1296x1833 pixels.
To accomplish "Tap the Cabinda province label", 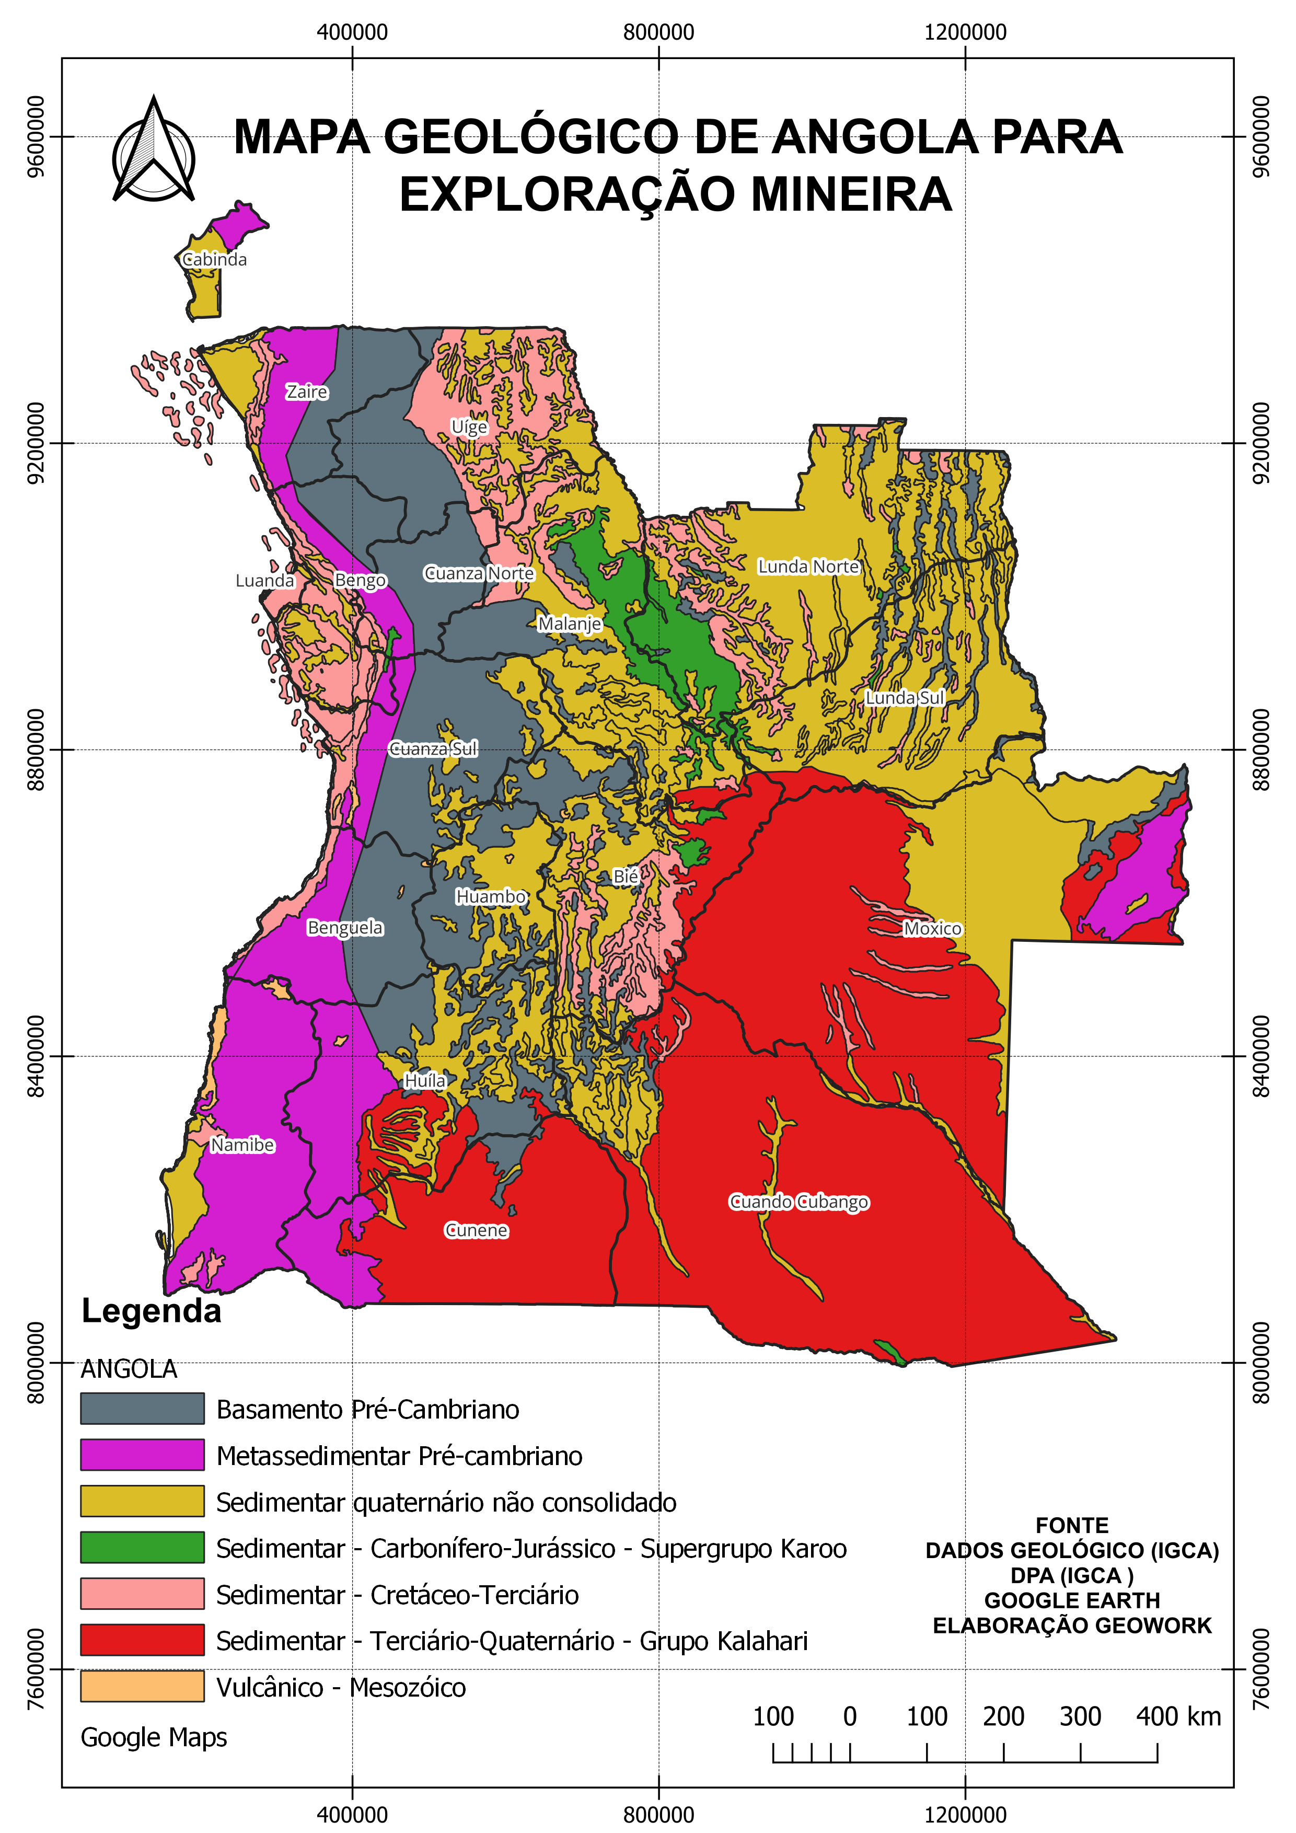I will [x=215, y=259].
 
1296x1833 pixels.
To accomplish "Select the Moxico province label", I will [x=932, y=928].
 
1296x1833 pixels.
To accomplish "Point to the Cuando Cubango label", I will [x=799, y=1202].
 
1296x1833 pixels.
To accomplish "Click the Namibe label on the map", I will [x=242, y=1145].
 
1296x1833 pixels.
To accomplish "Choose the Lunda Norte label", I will [x=808, y=566].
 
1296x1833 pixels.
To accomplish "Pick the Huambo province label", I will [x=491, y=896].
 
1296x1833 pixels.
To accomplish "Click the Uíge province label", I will [x=469, y=426].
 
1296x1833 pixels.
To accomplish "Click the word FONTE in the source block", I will [x=1072, y=1526].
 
